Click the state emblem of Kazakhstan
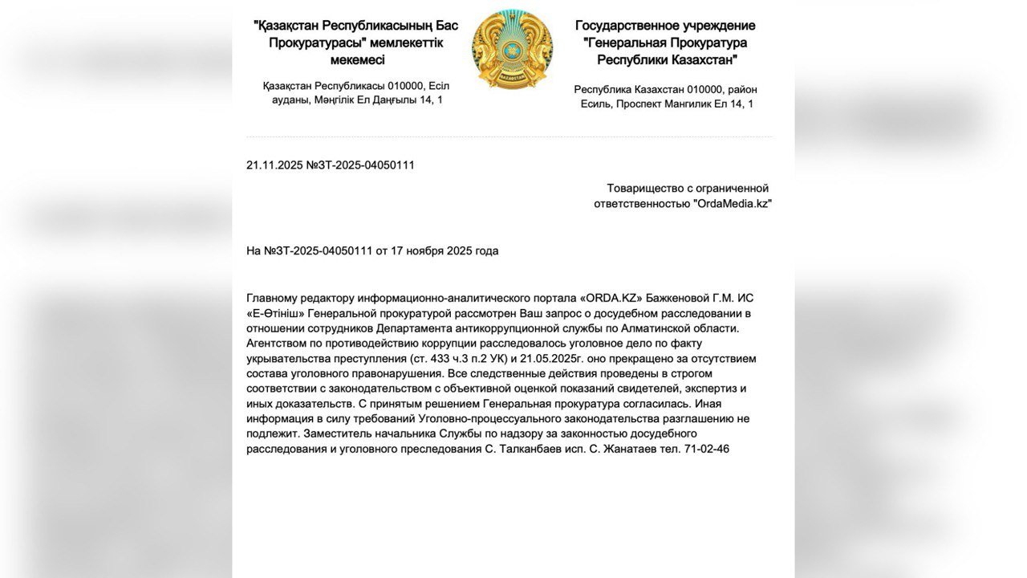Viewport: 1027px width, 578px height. tap(512, 50)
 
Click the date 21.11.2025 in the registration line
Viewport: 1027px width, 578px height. tap(274, 165)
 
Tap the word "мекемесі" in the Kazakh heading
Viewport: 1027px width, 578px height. tap(357, 60)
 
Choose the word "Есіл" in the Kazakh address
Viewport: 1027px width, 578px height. tap(440, 85)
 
